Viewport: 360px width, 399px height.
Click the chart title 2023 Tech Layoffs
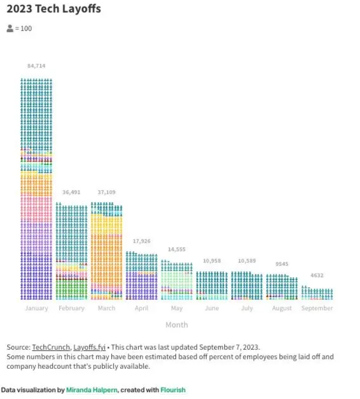[x=54, y=9]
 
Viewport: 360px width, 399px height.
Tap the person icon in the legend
[x=10, y=28]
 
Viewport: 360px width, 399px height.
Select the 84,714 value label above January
[x=36, y=66]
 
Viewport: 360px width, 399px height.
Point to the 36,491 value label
[x=71, y=192]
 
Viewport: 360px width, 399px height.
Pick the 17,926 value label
[x=142, y=241]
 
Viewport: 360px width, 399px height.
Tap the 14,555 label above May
[x=177, y=249]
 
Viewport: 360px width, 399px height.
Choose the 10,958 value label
[x=212, y=261]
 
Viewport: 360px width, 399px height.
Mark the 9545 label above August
[x=282, y=264]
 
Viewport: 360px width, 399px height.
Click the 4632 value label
[x=317, y=276]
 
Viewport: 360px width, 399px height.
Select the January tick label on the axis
[x=36, y=308]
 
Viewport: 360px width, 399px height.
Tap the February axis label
[x=71, y=308]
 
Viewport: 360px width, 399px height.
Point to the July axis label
[x=247, y=308]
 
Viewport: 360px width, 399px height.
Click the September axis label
[x=317, y=308]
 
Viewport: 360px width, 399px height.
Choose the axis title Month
[x=177, y=325]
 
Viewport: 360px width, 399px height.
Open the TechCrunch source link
[x=51, y=347]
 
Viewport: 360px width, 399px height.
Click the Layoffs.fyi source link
[x=87, y=347]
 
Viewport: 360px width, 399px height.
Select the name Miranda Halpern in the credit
[x=91, y=390]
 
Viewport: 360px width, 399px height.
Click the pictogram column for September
[x=317, y=294]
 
